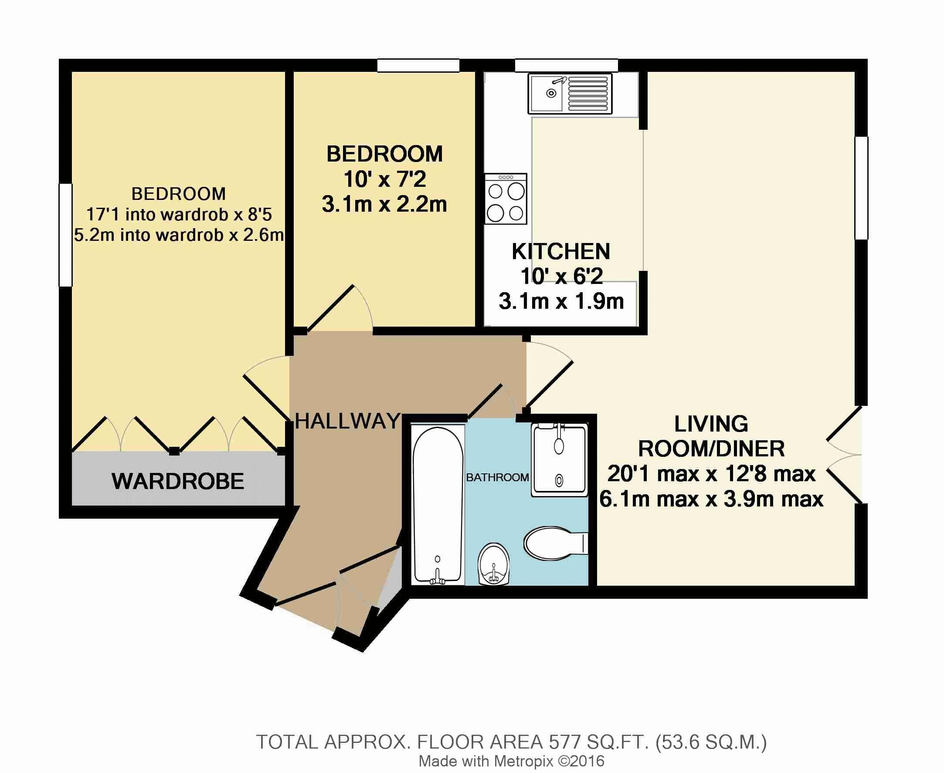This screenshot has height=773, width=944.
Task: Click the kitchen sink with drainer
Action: (570, 94)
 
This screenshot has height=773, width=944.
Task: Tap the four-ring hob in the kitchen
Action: (506, 199)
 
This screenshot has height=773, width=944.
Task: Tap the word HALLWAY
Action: (347, 421)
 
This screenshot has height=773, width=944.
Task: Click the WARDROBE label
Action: (178, 481)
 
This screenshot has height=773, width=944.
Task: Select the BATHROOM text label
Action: (497, 477)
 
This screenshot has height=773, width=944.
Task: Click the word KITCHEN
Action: (561, 252)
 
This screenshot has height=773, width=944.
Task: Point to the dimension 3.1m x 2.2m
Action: (384, 204)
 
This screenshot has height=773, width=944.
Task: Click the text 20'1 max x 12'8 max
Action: (711, 474)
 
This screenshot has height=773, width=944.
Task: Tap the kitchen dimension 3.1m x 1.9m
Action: (561, 301)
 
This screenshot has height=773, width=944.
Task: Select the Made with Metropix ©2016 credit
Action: (511, 761)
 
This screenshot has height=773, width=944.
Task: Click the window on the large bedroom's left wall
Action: (65, 235)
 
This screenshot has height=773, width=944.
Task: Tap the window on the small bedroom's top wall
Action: (418, 65)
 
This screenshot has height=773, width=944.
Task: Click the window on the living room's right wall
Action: (861, 188)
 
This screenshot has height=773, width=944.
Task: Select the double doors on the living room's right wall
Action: (845, 455)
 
